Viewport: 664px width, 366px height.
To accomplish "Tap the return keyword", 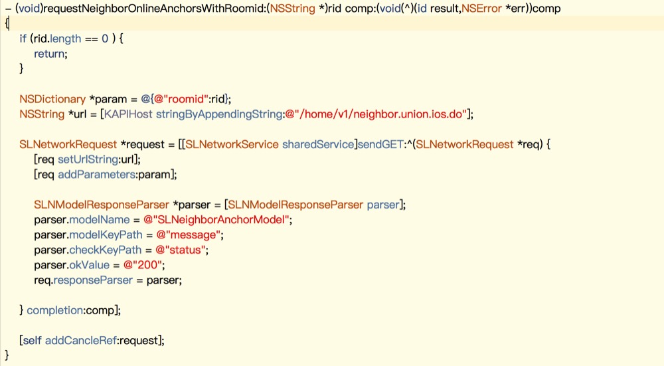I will click(x=50, y=54).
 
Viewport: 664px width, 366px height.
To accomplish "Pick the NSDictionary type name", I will click(x=52, y=99).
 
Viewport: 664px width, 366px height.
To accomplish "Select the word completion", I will click(x=54, y=310).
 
